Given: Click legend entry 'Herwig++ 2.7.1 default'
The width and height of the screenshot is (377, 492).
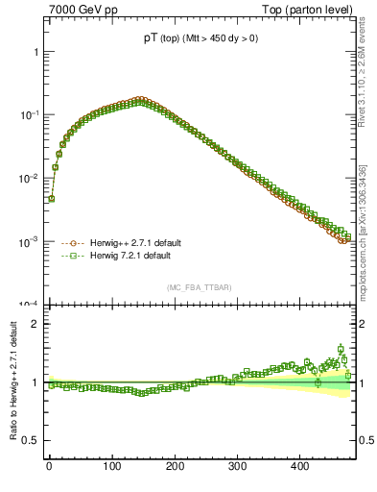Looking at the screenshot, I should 129,243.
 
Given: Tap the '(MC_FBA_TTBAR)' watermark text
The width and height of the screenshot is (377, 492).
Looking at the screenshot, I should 199,287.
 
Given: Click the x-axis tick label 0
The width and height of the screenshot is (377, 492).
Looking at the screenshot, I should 49,466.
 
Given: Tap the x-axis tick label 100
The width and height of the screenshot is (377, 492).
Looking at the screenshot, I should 111,466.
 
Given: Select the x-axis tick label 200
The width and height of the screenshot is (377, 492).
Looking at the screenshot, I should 175,466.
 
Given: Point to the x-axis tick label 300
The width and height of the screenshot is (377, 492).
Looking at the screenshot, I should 237,466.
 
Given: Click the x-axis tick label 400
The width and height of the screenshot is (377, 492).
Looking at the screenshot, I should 299,466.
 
